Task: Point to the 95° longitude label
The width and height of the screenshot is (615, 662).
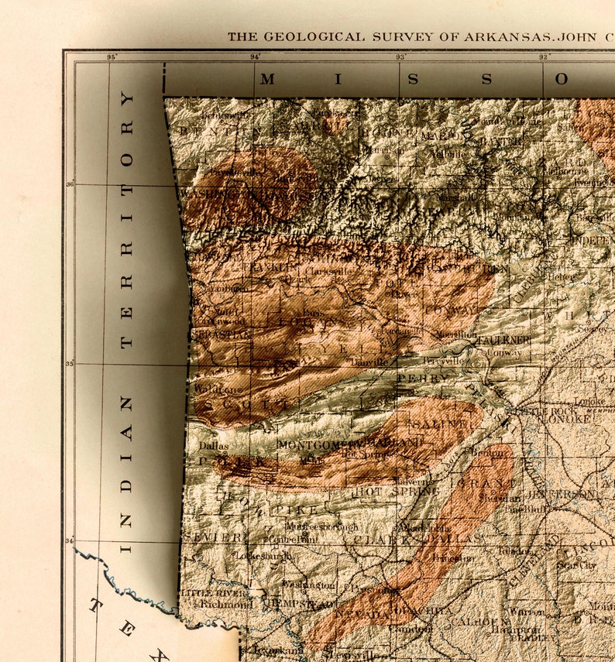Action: coord(112,57)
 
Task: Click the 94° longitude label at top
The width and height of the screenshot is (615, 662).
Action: coord(255,57)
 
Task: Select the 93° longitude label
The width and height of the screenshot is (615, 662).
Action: coord(400,57)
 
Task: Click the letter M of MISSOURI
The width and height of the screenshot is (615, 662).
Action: coord(267,79)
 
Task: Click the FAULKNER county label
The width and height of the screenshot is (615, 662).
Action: coord(503,340)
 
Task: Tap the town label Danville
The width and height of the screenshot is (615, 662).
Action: coord(368,362)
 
